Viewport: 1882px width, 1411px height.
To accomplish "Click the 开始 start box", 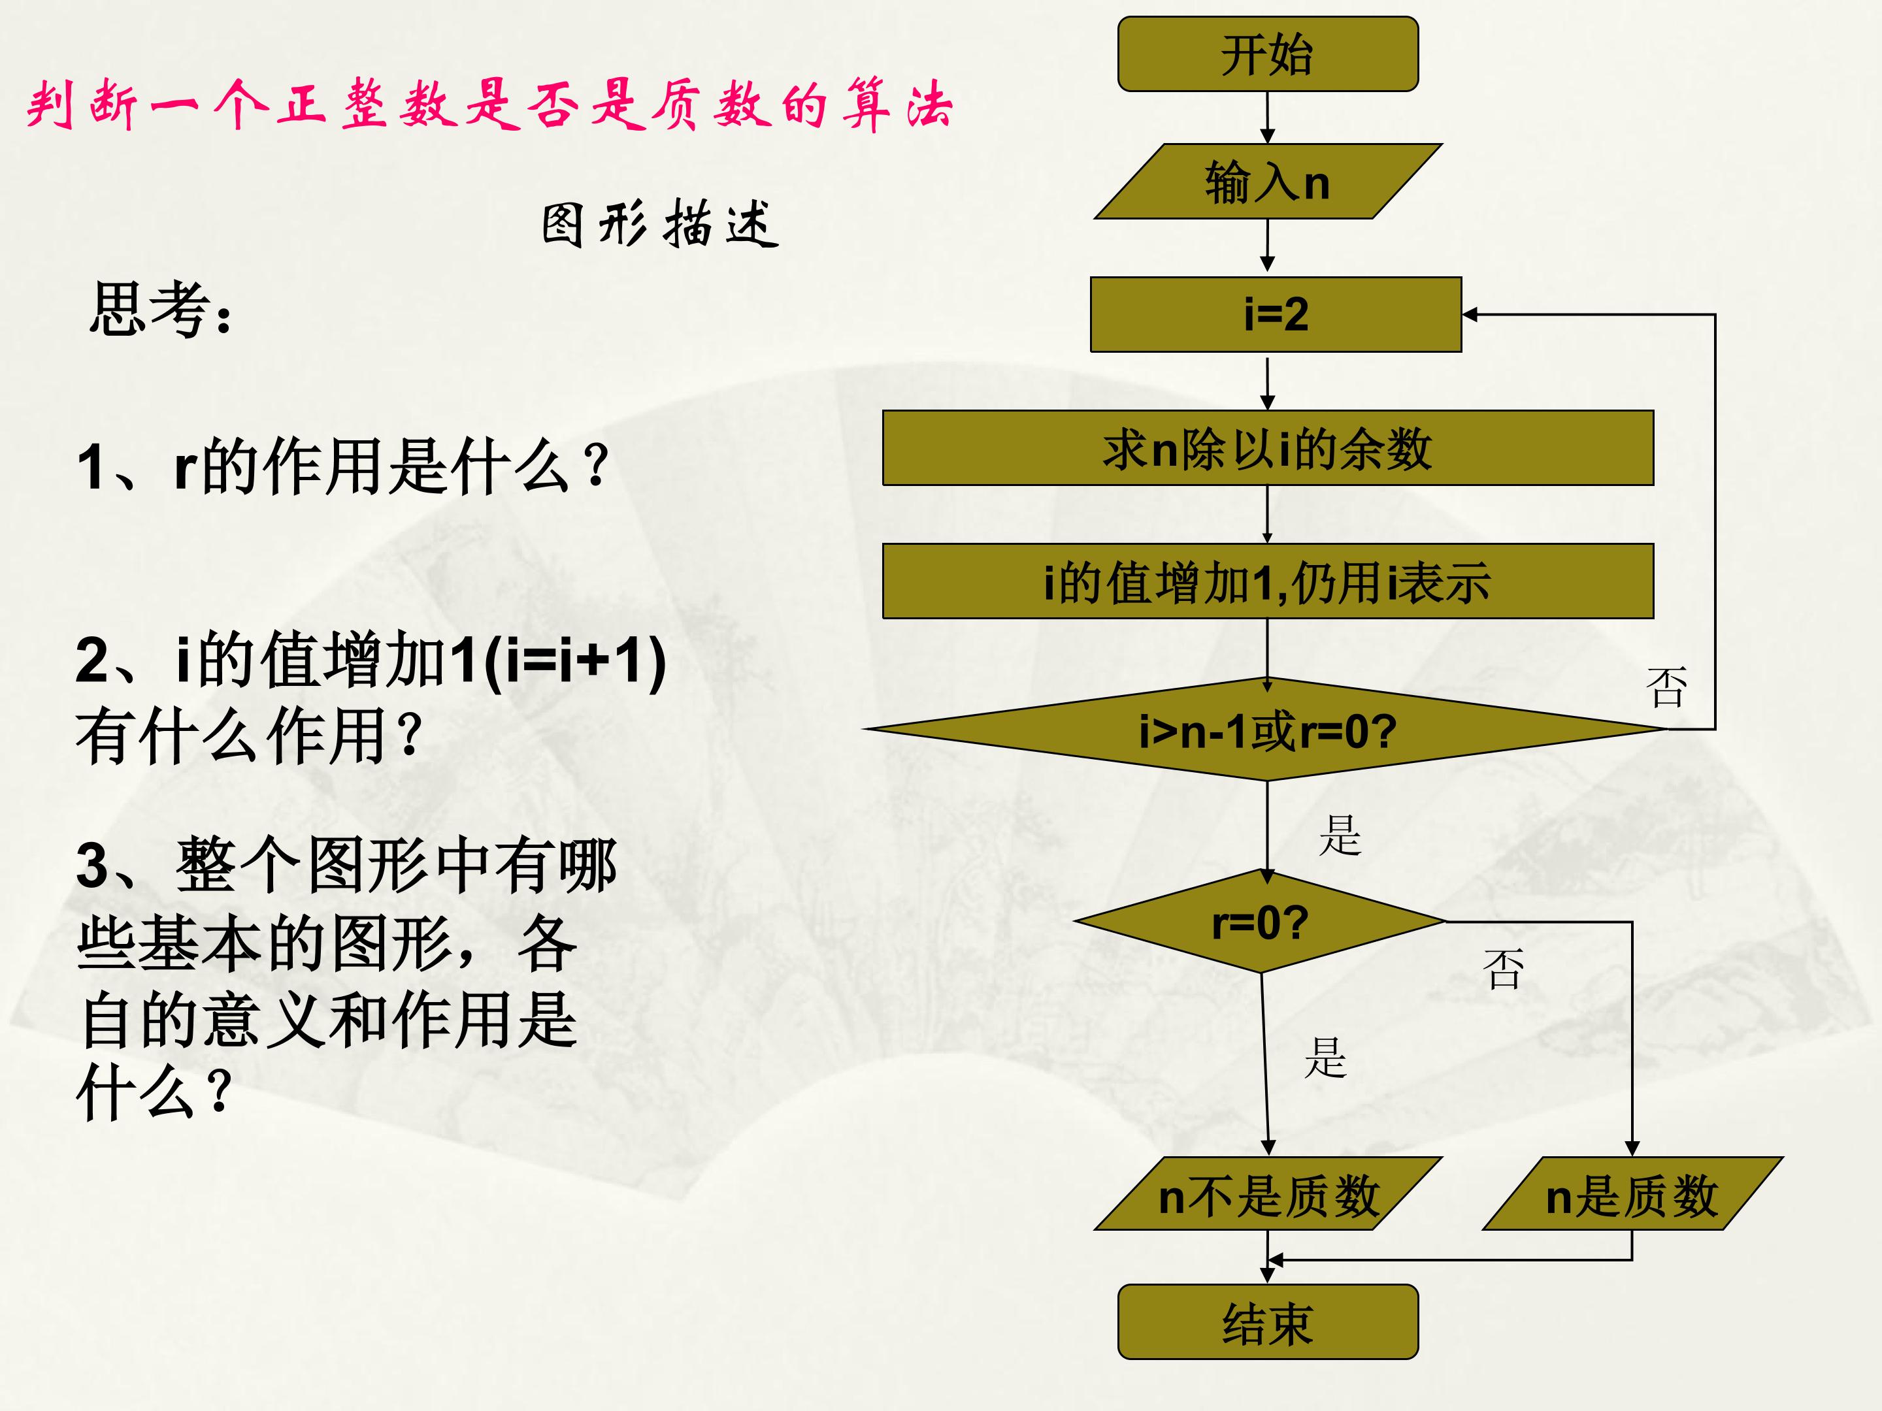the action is click(x=1268, y=54).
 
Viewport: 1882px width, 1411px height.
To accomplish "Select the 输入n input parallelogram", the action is click(x=1268, y=181).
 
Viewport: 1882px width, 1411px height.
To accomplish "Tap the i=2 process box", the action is click(x=1276, y=314).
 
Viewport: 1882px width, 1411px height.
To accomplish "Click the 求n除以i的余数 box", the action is click(x=1268, y=448).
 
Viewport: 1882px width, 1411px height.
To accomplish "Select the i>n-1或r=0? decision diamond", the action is click(x=1266, y=729).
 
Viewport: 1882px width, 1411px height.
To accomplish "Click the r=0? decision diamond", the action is click(x=1260, y=921).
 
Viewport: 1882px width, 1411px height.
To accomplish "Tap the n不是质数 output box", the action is click(x=1268, y=1193).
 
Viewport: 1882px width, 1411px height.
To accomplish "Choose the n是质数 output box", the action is click(x=1632, y=1193).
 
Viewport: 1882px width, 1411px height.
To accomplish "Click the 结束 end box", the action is click(x=1268, y=1322).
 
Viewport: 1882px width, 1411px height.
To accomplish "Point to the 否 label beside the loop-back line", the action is click(x=1666, y=687).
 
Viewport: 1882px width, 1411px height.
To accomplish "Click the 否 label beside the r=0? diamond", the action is click(x=1502, y=969).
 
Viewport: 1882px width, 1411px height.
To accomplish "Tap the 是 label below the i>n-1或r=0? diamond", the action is click(x=1340, y=834).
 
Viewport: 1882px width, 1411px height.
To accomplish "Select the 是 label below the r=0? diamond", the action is click(x=1325, y=1057).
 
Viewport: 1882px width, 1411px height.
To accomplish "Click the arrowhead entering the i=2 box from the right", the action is click(x=1470, y=315).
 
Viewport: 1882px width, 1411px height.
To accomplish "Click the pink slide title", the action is click(x=489, y=105).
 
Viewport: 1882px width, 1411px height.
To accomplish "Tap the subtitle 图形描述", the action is click(x=660, y=223).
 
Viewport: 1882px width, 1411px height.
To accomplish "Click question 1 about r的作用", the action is click(x=343, y=466).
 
